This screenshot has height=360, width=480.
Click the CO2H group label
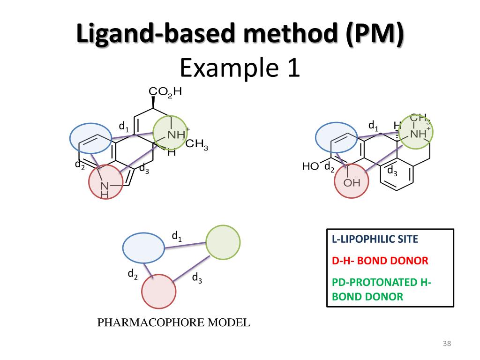(165, 92)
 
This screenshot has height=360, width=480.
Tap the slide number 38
(446, 345)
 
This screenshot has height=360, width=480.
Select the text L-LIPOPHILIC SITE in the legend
(375, 240)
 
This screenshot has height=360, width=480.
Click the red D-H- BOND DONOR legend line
(380, 261)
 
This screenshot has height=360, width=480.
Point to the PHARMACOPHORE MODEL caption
(173, 322)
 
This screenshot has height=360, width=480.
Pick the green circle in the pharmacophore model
(223, 242)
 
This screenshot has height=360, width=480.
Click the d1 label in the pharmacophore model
(177, 237)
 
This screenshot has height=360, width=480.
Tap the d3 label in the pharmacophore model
(197, 278)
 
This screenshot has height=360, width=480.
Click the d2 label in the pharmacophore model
(133, 274)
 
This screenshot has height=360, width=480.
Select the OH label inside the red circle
(352, 183)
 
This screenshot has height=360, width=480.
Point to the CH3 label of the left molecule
(196, 144)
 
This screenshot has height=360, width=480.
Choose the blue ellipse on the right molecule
(337, 138)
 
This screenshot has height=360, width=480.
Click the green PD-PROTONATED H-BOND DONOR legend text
(382, 289)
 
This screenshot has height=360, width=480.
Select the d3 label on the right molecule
(392, 172)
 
